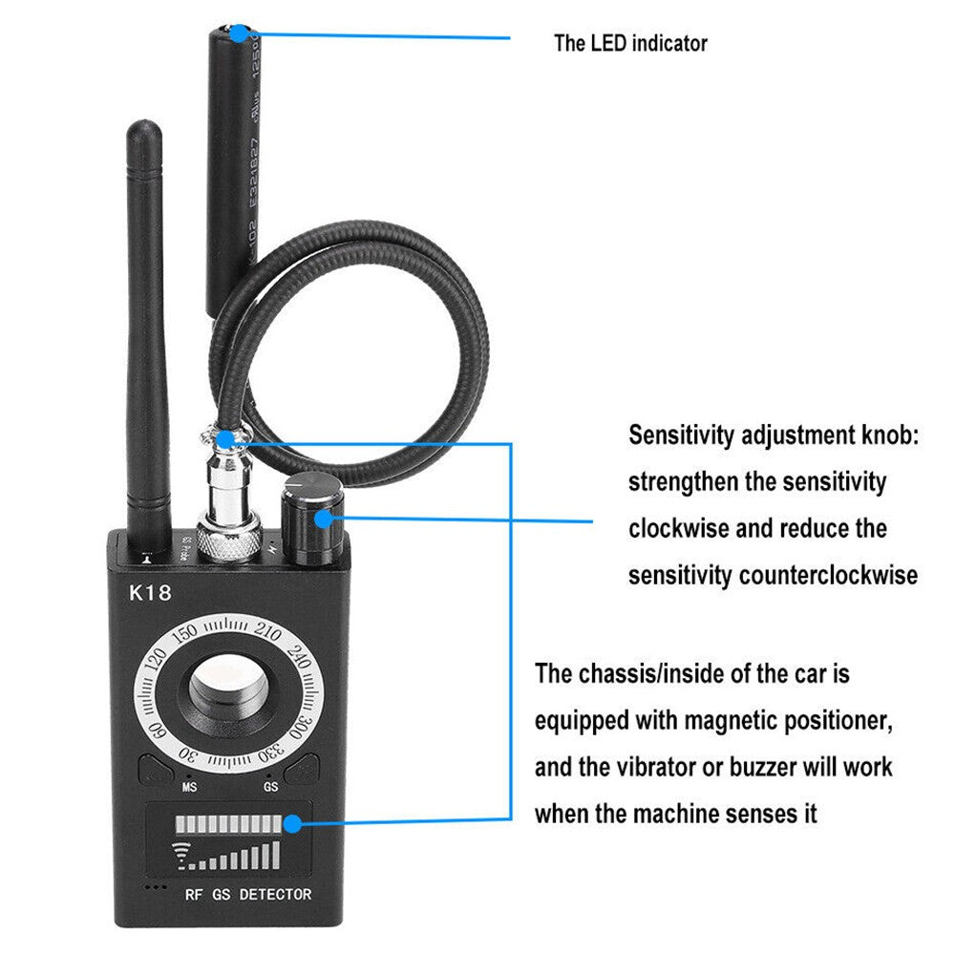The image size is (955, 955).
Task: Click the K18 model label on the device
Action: tap(150, 593)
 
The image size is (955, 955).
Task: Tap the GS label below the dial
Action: tap(271, 789)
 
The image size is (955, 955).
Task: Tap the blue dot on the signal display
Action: tap(293, 820)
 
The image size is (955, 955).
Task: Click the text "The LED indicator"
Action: tap(630, 43)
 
